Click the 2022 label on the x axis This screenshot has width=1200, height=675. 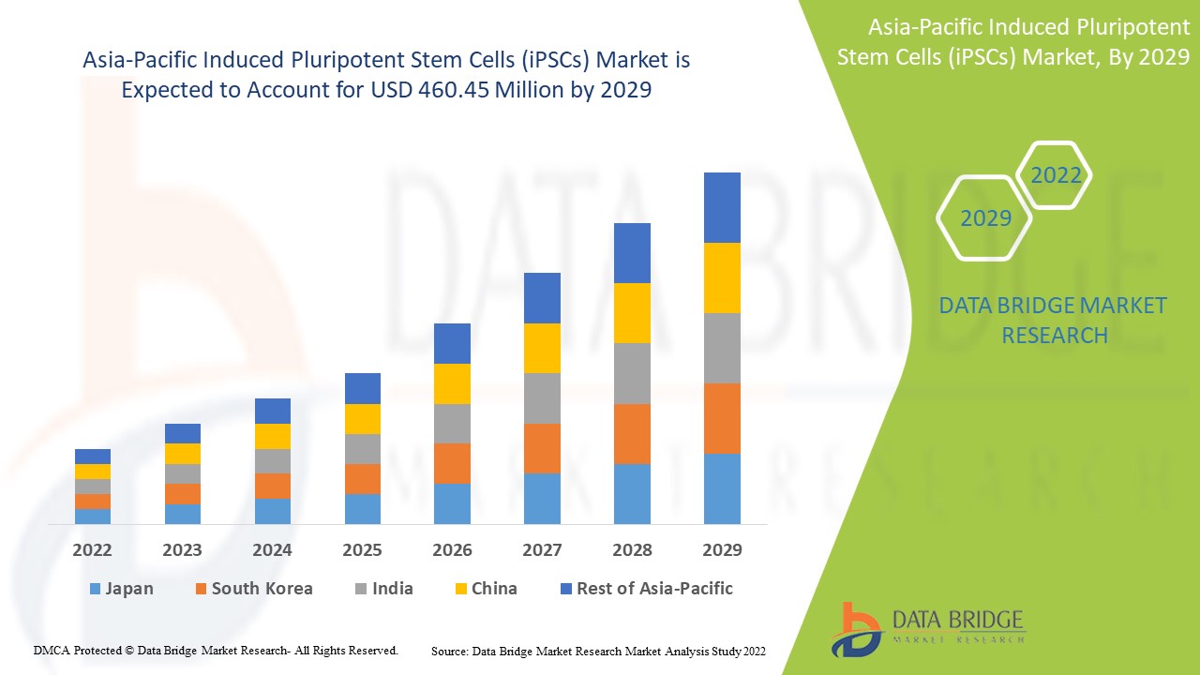[92, 549]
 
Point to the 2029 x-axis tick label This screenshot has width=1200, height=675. [722, 549]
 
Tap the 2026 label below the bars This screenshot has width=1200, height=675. [452, 549]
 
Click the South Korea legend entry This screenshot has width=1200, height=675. [253, 589]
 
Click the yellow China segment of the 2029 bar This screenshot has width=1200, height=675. [722, 277]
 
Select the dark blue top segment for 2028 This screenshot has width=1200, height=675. [632, 253]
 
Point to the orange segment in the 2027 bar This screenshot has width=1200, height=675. [542, 448]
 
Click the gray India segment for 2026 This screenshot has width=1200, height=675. [452, 424]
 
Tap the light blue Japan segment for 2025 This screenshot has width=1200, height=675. [362, 508]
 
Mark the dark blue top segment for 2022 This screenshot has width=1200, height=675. [92, 457]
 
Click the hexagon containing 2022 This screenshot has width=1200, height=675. [1055, 175]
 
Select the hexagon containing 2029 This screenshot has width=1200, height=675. [984, 217]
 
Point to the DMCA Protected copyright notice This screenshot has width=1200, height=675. [216, 650]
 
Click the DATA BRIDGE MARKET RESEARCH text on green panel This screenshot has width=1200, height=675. [1054, 320]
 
